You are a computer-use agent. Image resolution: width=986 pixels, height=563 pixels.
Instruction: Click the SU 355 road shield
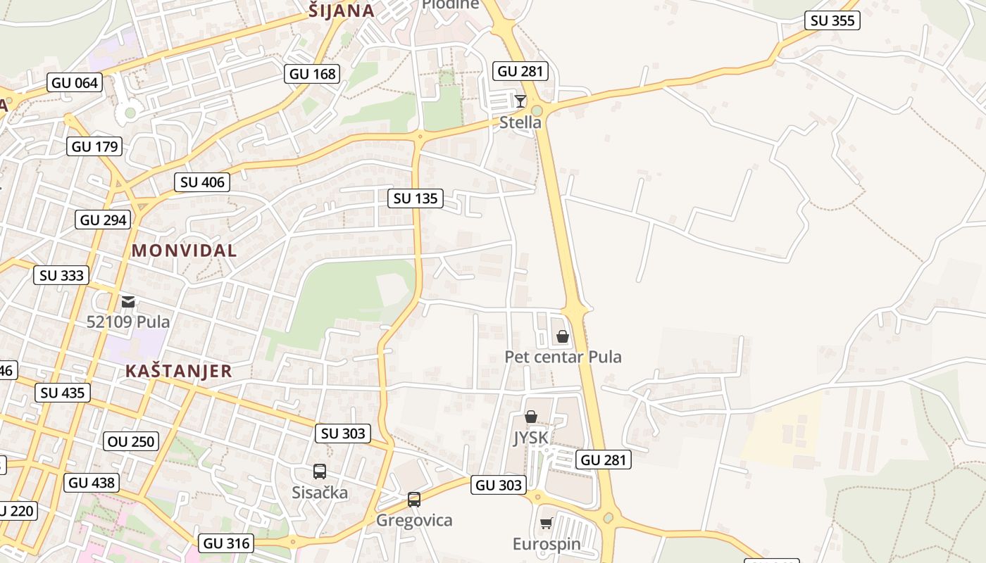(x=832, y=20)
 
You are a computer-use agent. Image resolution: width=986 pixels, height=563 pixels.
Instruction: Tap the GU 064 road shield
(x=75, y=83)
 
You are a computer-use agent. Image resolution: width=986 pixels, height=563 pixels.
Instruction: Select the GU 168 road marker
(x=313, y=73)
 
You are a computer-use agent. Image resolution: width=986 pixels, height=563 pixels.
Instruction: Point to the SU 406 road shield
(x=202, y=182)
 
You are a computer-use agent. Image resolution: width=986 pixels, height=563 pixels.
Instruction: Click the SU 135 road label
(x=416, y=198)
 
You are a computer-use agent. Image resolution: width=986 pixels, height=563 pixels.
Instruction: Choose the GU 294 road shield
(x=104, y=220)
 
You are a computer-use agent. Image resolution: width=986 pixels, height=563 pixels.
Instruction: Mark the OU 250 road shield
(x=131, y=442)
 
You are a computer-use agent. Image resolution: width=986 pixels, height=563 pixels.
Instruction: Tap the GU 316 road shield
(x=225, y=543)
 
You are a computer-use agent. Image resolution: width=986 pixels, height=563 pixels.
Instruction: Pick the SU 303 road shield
(x=343, y=434)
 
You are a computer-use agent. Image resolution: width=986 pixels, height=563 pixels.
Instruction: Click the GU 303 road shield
(x=498, y=485)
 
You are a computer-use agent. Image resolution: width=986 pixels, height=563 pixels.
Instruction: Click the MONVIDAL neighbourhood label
(x=184, y=250)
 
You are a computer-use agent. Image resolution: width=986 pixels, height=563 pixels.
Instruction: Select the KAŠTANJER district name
(x=178, y=371)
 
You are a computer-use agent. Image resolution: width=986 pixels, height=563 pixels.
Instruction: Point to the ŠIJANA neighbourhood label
(x=342, y=10)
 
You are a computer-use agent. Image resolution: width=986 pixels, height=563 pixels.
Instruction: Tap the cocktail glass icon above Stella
(x=520, y=101)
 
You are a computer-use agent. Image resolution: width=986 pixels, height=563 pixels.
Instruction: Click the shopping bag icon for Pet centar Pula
(x=562, y=336)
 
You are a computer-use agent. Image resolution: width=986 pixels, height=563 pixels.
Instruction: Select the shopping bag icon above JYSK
(x=531, y=417)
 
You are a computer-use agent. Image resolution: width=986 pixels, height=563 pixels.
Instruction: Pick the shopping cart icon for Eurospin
(x=546, y=523)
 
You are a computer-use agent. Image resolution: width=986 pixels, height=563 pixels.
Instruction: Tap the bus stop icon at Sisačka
(x=319, y=472)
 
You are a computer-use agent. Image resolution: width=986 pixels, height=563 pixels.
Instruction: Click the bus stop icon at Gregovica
(x=414, y=500)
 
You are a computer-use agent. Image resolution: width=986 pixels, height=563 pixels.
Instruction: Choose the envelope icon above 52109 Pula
(x=127, y=302)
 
